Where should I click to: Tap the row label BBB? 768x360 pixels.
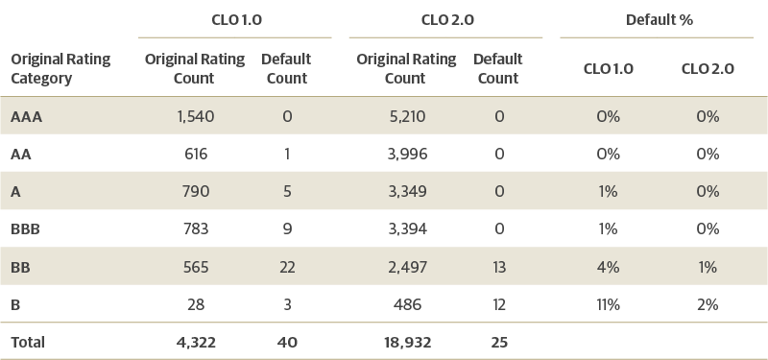[27, 229]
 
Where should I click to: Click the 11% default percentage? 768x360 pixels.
[607, 304]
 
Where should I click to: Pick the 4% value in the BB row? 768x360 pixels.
[607, 267]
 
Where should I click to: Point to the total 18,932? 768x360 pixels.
[405, 342]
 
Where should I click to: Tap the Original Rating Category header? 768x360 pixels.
[60, 68]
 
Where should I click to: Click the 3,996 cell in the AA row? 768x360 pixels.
[405, 154]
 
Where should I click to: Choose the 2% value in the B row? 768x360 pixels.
[708, 304]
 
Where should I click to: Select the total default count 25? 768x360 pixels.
[497, 342]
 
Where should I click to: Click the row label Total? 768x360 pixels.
[28, 342]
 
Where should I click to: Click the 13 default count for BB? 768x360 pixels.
[497, 267]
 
